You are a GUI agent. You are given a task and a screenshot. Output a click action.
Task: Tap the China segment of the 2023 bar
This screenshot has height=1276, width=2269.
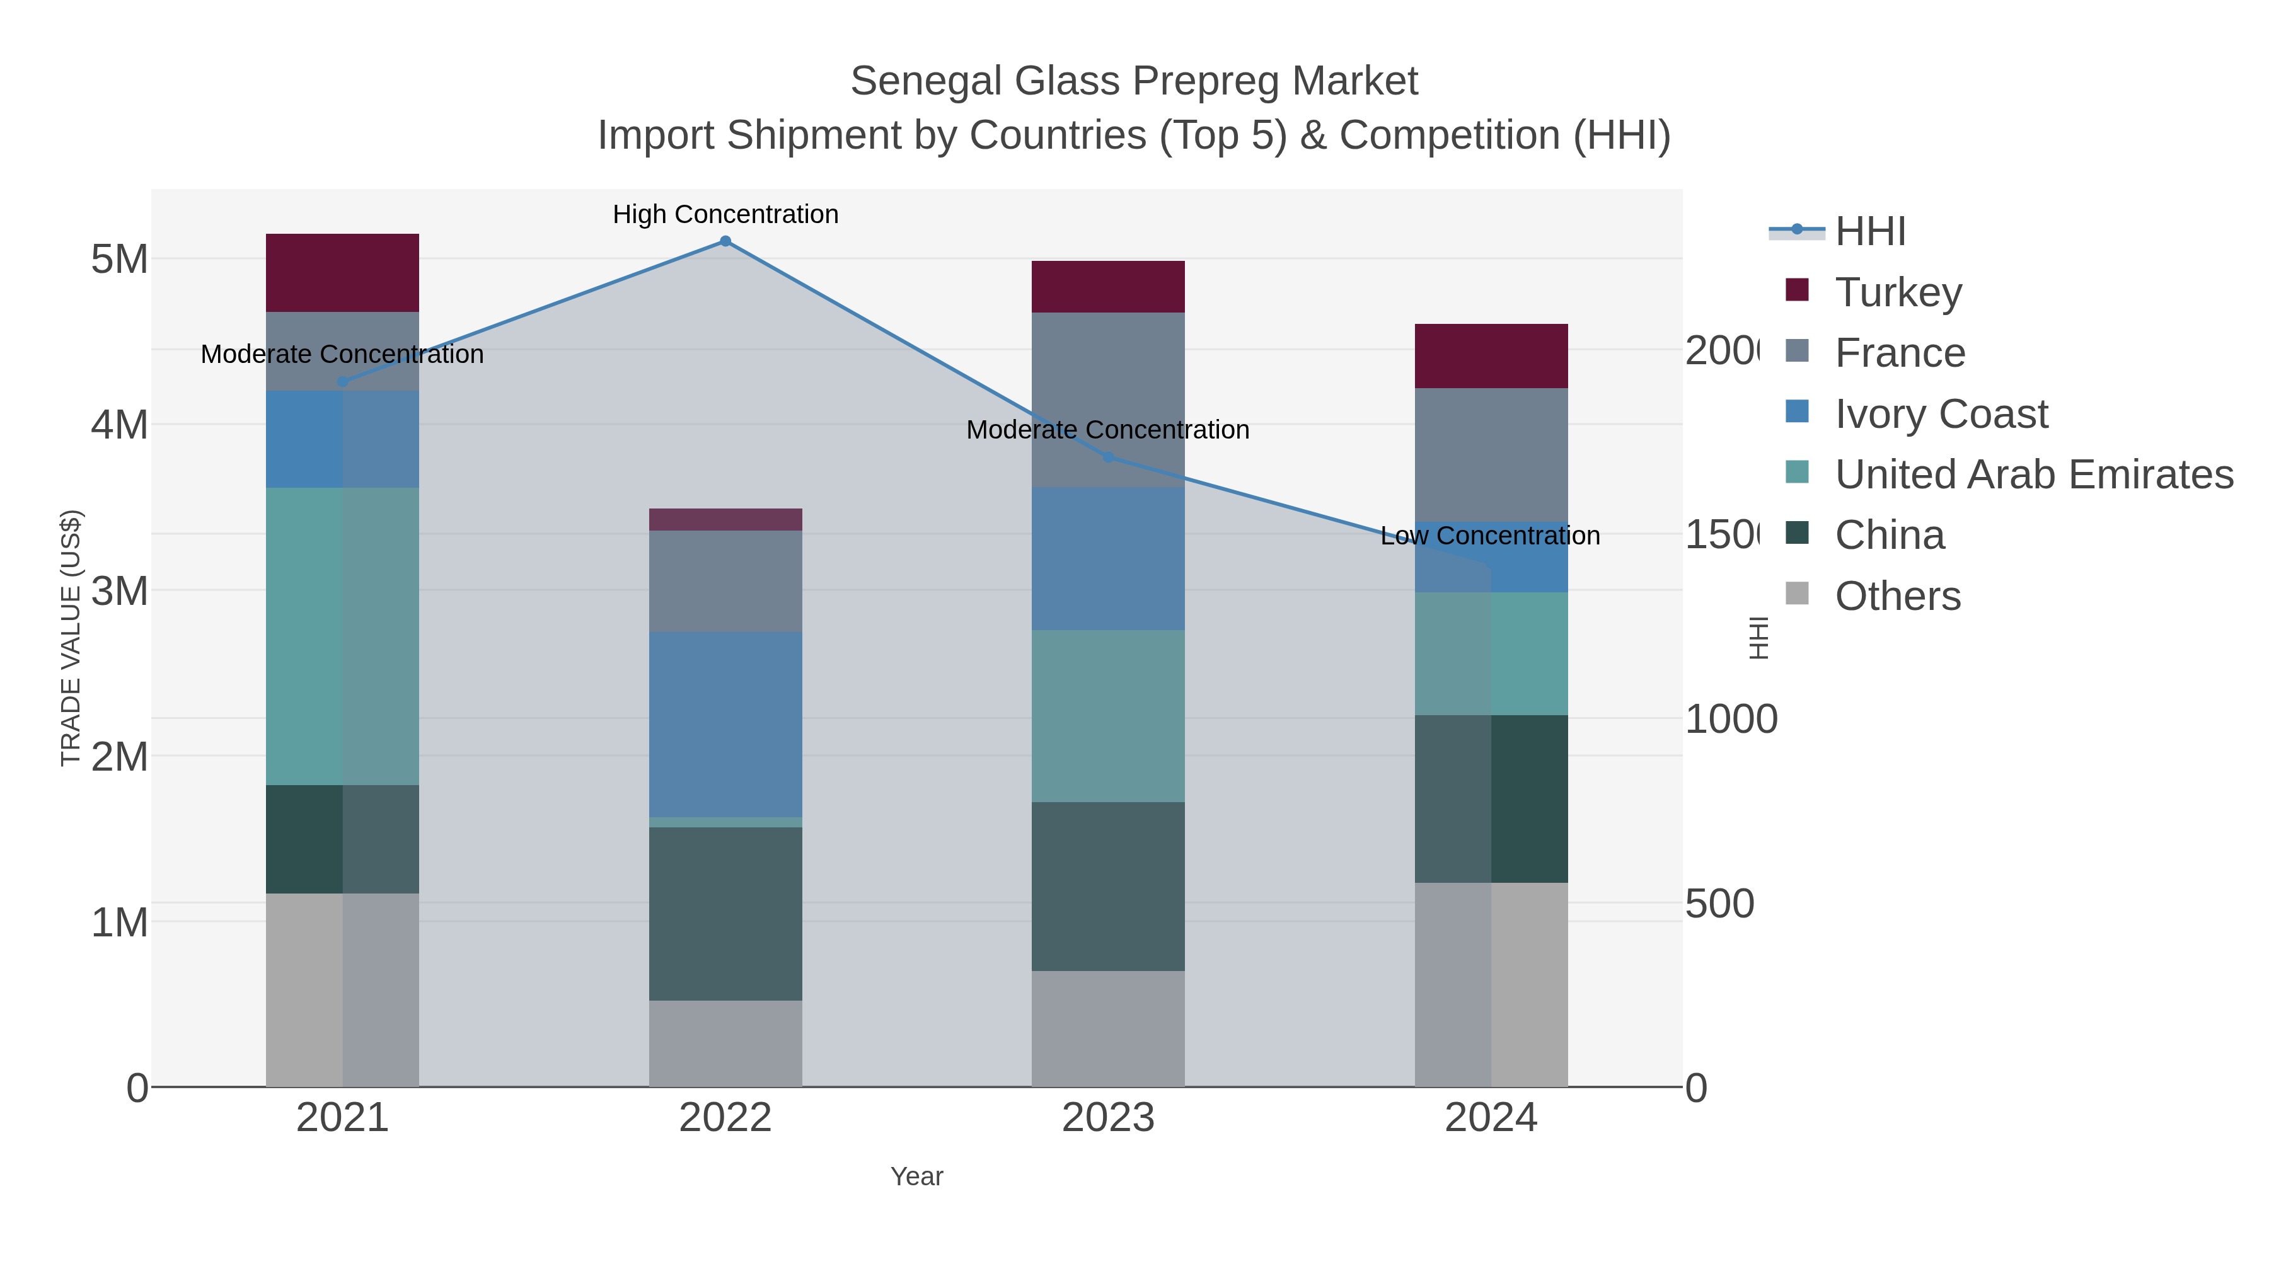click(x=1107, y=886)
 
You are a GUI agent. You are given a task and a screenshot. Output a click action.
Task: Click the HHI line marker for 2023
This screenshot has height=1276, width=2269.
click(x=1108, y=457)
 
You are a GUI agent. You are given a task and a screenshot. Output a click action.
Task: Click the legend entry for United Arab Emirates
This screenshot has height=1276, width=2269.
click(x=2033, y=474)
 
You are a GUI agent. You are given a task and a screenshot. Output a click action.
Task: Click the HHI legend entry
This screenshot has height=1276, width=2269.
click(x=1869, y=232)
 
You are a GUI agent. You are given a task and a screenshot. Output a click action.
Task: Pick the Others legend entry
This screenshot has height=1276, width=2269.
click(x=1897, y=596)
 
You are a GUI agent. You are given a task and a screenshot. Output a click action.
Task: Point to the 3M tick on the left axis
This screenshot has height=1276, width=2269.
click(x=120, y=591)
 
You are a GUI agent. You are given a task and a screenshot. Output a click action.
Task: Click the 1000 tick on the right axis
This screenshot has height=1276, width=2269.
click(x=1730, y=720)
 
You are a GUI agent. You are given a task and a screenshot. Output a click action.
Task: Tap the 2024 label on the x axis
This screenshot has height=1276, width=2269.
click(x=1491, y=1117)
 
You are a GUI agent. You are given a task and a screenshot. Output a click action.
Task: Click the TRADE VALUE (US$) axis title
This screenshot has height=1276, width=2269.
click(x=71, y=638)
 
